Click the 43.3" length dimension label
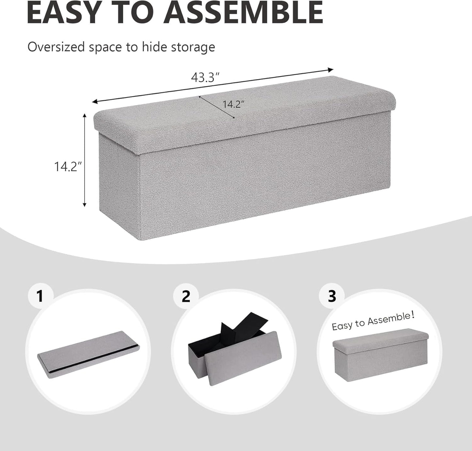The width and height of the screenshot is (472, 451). (205, 78)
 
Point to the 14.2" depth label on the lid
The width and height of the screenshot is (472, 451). (234, 104)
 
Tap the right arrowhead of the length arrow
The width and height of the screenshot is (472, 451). (331, 70)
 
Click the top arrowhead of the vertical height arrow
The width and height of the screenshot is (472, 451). (85, 116)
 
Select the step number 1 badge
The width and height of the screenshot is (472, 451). (40, 296)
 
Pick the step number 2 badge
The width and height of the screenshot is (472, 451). (186, 296)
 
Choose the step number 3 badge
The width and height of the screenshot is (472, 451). (332, 296)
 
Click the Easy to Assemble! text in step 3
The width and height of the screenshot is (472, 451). (373, 321)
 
